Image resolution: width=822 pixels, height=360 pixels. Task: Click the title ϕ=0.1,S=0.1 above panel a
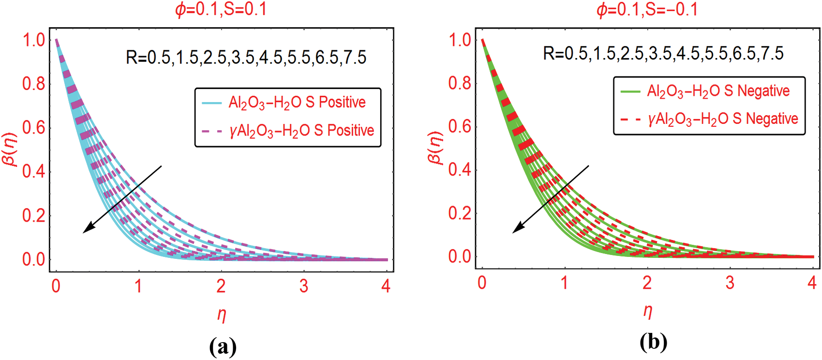tap(221, 10)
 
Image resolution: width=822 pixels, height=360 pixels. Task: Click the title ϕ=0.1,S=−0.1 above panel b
tap(647, 10)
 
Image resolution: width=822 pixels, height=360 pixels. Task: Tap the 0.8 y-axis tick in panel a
tap(33, 84)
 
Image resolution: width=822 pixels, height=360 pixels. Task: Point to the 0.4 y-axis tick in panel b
tap(459, 170)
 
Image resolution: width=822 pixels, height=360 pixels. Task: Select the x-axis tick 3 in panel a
tap(303, 286)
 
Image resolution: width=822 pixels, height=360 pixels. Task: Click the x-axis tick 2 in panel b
tap(647, 283)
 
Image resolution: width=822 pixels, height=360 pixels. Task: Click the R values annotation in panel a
tap(246, 58)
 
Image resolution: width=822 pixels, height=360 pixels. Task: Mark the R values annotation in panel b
tap(663, 54)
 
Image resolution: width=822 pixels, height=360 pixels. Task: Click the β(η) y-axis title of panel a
tap(10, 150)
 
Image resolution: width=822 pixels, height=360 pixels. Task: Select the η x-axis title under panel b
tap(648, 311)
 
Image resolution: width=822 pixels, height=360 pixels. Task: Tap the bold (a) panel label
tap(223, 346)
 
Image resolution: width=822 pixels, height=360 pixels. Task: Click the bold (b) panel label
tap(653, 343)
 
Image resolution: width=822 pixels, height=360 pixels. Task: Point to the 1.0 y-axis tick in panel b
tap(460, 40)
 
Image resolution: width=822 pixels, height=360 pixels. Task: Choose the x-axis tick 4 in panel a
tap(386, 286)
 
